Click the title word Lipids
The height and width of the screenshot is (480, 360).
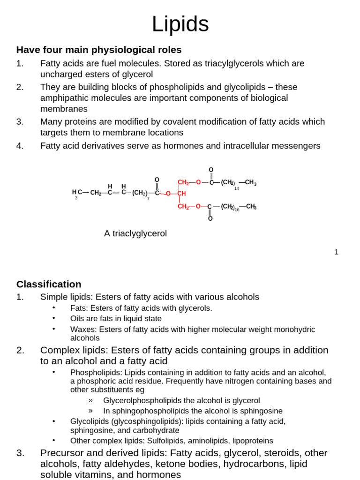(180, 24)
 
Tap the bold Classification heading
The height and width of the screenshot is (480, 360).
(49, 284)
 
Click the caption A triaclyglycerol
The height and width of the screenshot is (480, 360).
(135, 233)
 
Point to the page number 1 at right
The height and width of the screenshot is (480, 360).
(336, 252)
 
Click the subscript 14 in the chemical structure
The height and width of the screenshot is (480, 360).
(237, 188)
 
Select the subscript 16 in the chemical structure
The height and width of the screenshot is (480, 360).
(237, 210)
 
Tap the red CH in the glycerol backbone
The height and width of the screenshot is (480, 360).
(181, 194)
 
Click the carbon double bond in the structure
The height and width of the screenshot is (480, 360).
(115, 192)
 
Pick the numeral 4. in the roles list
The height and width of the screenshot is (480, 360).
(20, 146)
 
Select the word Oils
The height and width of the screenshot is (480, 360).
(78, 319)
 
